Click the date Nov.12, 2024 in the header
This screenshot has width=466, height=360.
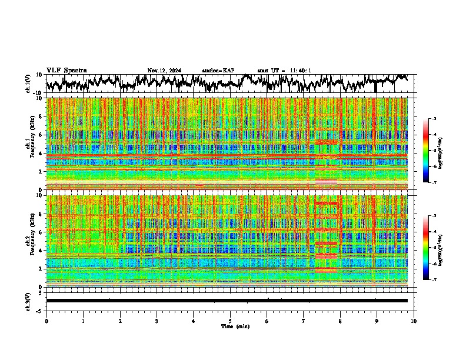coord(164,71)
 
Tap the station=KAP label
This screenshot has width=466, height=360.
coord(218,71)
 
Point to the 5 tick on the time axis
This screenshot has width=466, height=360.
coord(230,321)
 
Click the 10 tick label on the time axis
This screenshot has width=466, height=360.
coord(414,321)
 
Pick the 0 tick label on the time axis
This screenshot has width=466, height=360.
coord(46,321)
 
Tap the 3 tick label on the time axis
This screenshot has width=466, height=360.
coord(157,321)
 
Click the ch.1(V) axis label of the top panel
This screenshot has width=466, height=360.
coord(29,84)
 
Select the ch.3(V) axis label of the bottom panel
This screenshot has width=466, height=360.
coord(29,301)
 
